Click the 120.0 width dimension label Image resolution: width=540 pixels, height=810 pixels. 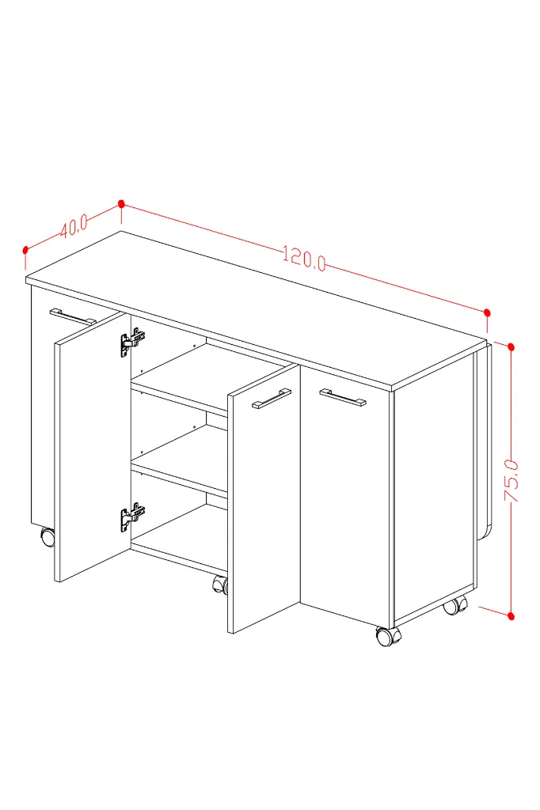[304, 259]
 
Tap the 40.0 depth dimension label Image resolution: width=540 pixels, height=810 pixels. [73, 225]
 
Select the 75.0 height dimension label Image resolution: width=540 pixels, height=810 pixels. [511, 480]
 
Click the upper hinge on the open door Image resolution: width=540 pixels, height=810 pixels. [132, 343]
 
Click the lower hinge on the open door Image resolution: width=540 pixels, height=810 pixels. [132, 517]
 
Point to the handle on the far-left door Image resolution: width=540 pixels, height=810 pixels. [73, 316]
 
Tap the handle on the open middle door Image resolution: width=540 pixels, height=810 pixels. [272, 399]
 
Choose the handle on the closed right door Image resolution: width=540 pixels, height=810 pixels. [342, 397]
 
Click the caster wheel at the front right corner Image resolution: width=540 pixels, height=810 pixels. [387, 637]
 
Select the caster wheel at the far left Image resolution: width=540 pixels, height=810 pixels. [48, 537]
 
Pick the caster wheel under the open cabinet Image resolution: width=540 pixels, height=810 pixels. [220, 585]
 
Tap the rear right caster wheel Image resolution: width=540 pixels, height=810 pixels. [454, 605]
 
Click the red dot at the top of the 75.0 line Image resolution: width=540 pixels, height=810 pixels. [511, 347]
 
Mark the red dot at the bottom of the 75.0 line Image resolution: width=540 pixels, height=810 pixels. [511, 615]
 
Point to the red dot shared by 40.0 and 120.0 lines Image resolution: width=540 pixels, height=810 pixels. [122, 204]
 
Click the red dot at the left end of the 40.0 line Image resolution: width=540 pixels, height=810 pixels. [25, 250]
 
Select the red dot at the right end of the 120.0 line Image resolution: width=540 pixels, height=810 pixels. [487, 313]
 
